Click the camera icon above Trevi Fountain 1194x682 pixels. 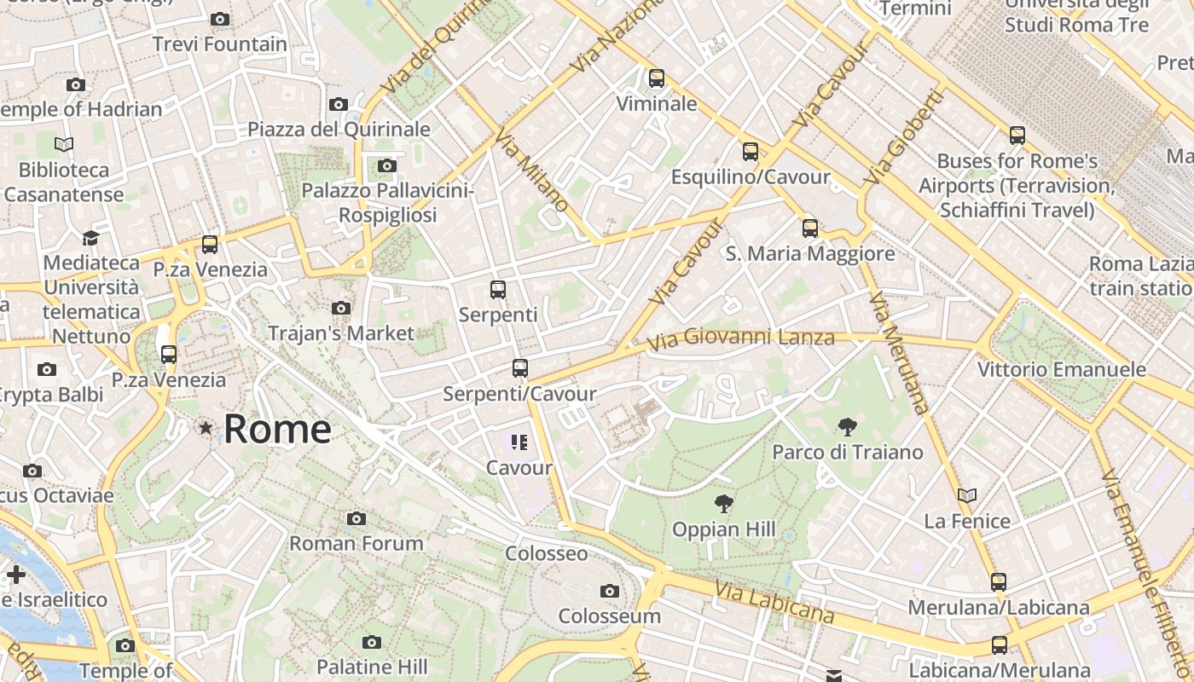tap(220, 19)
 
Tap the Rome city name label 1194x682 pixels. tap(277, 429)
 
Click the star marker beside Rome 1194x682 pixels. tap(206, 428)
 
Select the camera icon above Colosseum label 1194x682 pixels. tap(609, 591)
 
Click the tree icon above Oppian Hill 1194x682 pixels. tap(723, 504)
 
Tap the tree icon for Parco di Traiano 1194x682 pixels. tap(847, 427)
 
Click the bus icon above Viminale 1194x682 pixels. tap(656, 78)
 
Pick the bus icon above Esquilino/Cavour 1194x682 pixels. tap(750, 152)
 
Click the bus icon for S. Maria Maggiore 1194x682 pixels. tap(809, 228)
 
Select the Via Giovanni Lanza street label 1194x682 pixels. tap(740, 339)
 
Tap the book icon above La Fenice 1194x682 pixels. tap(966, 495)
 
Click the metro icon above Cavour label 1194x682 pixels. tap(519, 442)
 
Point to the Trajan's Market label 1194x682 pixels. tap(341, 333)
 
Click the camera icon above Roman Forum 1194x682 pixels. tap(356, 518)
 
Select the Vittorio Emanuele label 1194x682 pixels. tap(1061, 370)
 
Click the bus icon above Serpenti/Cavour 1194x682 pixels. tap(519, 368)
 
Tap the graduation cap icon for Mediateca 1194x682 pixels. tap(90, 237)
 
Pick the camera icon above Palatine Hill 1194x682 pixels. tap(371, 642)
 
